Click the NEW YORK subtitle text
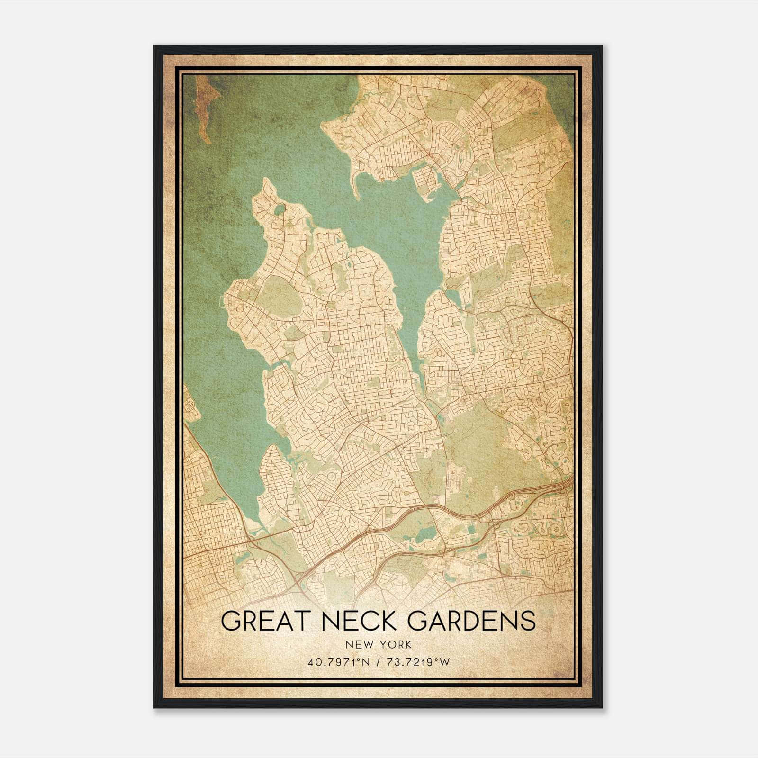(379, 645)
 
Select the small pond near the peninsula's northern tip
(280, 209)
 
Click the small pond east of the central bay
(453, 297)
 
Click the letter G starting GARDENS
(416, 621)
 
